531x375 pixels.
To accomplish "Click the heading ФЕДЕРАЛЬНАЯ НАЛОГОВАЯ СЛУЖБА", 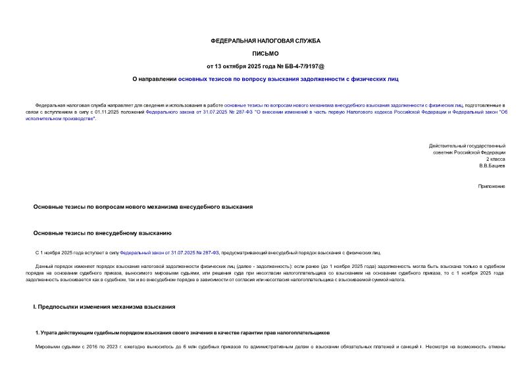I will [265, 41].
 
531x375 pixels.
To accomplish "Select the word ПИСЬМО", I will [265, 53].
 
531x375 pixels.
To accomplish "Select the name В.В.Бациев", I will [492, 165].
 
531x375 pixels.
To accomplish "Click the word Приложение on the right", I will [492, 187].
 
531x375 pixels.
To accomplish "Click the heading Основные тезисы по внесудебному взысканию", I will [102, 232].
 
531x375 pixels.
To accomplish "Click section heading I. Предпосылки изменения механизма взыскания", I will [103, 307].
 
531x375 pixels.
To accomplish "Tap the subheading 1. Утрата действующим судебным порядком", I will [182, 333].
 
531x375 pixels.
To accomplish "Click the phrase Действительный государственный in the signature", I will [467, 145].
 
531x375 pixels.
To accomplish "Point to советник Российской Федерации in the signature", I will [469, 152].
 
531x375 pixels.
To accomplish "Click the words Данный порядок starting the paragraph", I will [49, 265].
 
